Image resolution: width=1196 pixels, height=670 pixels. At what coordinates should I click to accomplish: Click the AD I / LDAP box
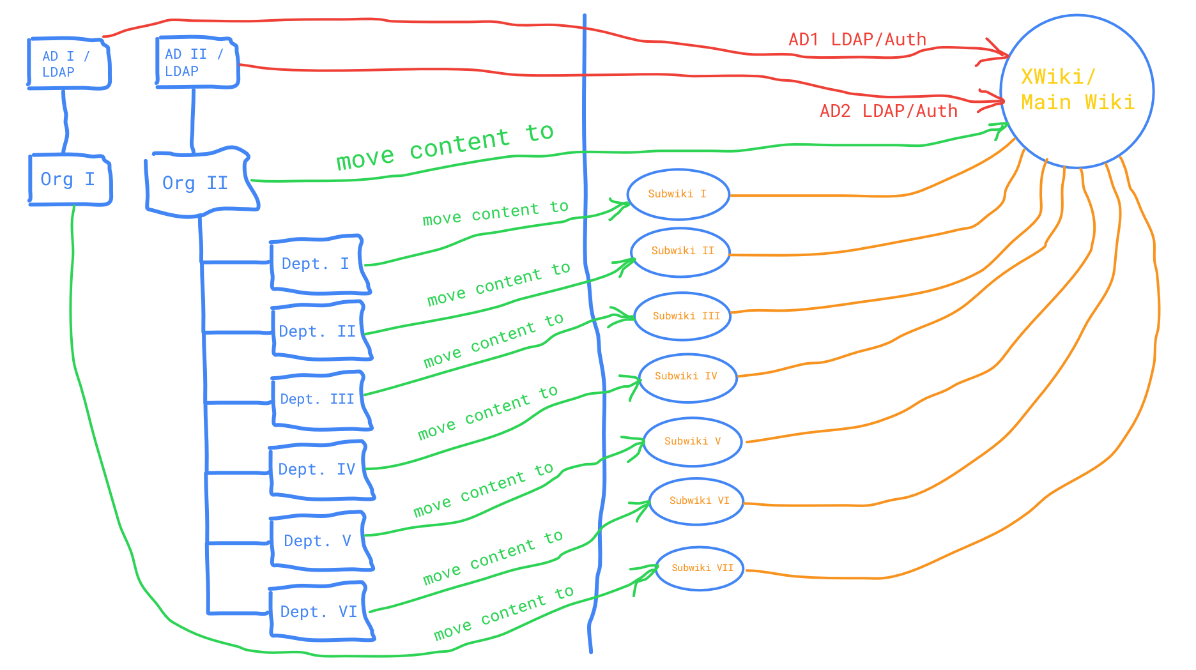(68, 63)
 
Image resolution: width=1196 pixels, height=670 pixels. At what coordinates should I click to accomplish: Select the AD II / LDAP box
(197, 62)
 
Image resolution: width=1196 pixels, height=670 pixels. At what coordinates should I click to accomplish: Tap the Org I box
(70, 179)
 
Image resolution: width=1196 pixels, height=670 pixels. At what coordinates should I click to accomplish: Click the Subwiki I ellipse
(678, 194)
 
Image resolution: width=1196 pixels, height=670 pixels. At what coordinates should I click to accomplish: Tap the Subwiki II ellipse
(681, 252)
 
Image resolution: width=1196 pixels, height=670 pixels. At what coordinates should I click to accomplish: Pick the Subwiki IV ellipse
(687, 377)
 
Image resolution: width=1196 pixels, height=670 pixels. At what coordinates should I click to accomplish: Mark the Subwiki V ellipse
(693, 441)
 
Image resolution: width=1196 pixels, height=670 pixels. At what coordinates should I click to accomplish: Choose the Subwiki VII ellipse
(700, 568)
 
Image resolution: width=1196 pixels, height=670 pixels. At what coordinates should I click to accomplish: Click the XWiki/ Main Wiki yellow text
(1077, 89)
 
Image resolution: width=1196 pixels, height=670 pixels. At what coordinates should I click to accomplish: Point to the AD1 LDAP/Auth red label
(857, 40)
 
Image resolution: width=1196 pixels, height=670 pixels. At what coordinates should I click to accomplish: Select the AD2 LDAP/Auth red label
(889, 111)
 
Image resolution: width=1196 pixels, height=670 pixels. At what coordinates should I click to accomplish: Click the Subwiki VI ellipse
(697, 501)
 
